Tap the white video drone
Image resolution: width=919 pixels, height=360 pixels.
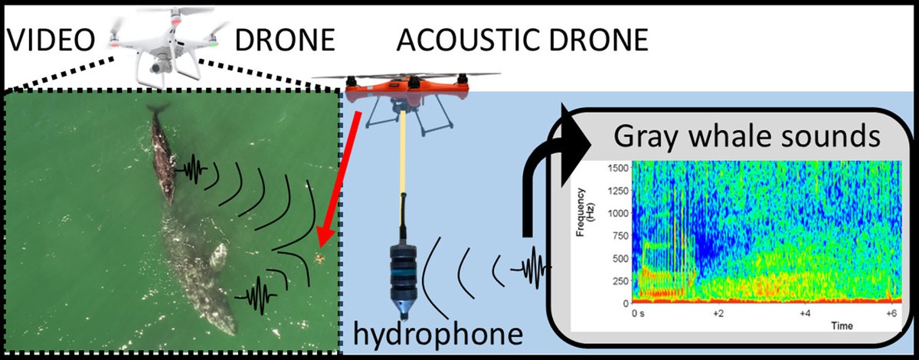pos(162,42)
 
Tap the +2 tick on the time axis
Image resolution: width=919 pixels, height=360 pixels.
pos(718,313)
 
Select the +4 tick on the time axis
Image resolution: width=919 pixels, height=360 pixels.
pos(805,313)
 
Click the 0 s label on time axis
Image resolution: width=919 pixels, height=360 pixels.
pos(638,313)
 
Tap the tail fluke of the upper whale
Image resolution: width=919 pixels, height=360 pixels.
pos(158,109)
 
